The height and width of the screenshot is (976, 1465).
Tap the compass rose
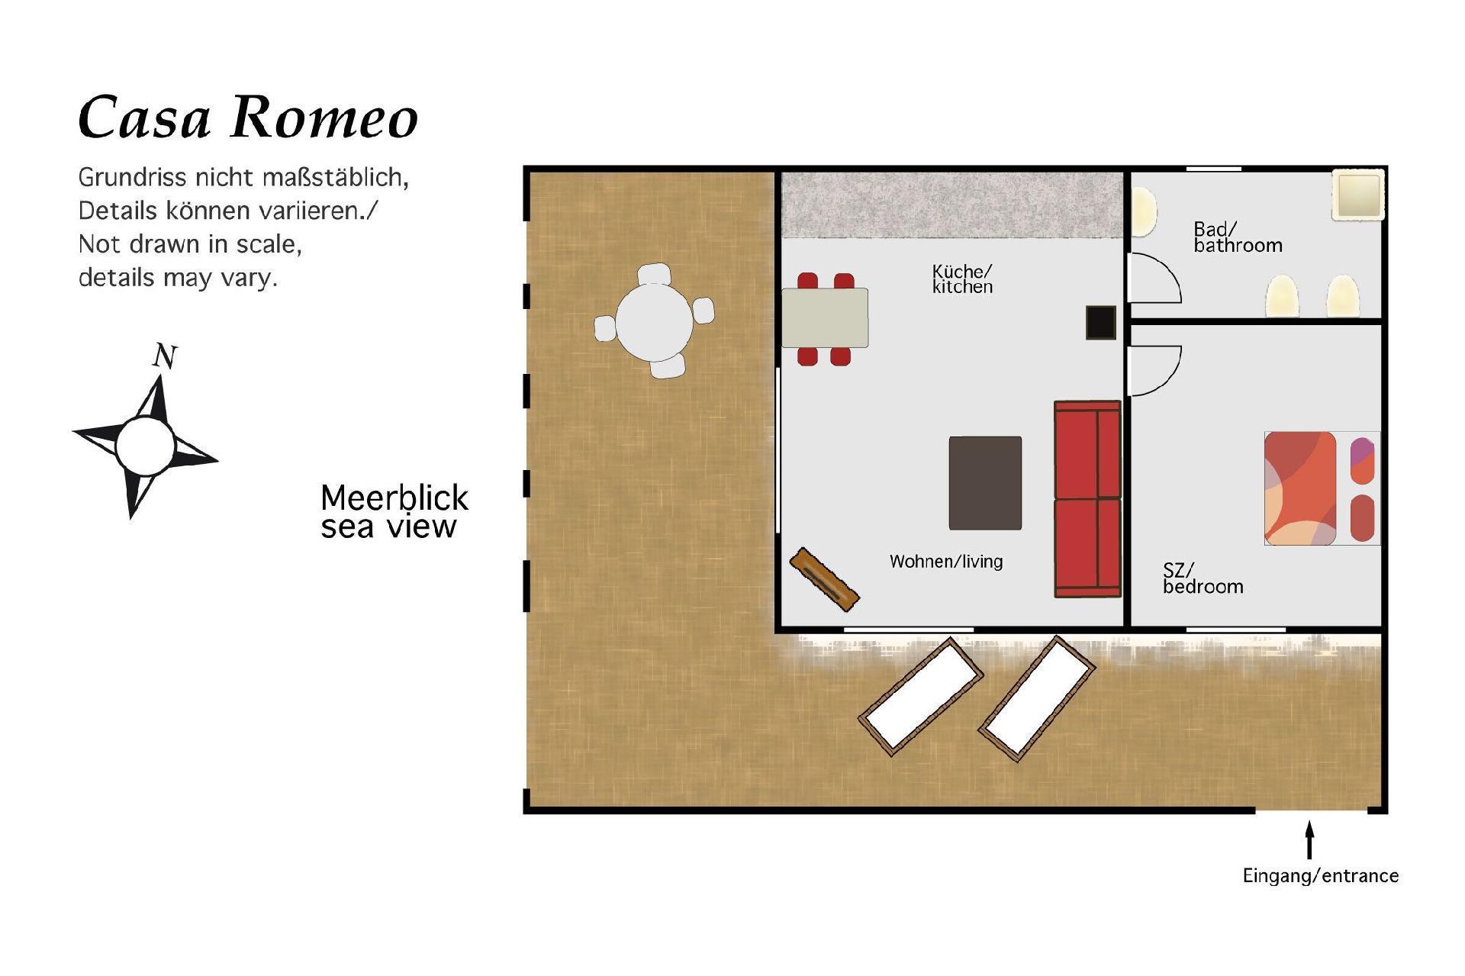pyautogui.click(x=146, y=446)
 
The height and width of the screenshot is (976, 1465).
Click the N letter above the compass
pyautogui.click(x=165, y=356)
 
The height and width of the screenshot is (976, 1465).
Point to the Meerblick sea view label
pyautogui.click(x=394, y=512)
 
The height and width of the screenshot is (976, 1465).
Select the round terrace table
pyautogui.click(x=655, y=321)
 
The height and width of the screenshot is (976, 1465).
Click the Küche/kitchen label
pyautogui.click(x=962, y=279)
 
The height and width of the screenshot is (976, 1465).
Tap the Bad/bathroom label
pyautogui.click(x=1238, y=237)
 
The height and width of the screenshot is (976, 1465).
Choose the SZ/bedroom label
pyautogui.click(x=1203, y=578)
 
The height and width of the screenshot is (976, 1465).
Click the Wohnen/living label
pyautogui.click(x=946, y=562)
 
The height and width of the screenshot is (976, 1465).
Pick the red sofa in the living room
pyautogui.click(x=1087, y=499)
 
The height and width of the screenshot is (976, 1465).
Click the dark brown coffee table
pyautogui.click(x=985, y=483)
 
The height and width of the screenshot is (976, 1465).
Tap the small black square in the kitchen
pyautogui.click(x=1101, y=322)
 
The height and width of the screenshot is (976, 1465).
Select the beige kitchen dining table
pyautogui.click(x=825, y=317)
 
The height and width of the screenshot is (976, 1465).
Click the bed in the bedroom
pyautogui.click(x=1322, y=488)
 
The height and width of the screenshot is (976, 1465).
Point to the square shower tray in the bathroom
pyautogui.click(x=1357, y=195)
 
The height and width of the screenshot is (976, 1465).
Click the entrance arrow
pyautogui.click(x=1310, y=840)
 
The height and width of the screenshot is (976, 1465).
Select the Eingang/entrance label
pyautogui.click(x=1321, y=876)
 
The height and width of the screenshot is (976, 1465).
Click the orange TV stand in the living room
pyautogui.click(x=824, y=579)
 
